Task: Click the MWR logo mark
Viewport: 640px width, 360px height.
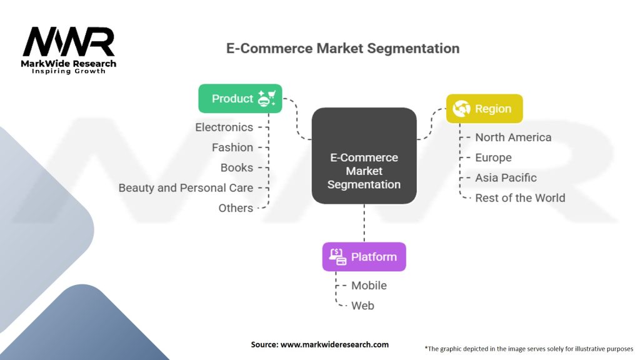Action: (x=69, y=42)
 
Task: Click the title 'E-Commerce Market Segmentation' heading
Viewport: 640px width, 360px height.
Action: (x=343, y=48)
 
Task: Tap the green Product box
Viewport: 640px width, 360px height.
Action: (x=240, y=98)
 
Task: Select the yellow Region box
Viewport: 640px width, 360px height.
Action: (x=484, y=109)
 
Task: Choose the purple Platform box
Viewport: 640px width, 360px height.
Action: (x=364, y=257)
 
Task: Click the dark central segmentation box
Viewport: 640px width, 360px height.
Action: (x=364, y=156)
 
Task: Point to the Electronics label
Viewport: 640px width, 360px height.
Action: (x=224, y=127)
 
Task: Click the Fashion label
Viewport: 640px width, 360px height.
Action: (x=232, y=147)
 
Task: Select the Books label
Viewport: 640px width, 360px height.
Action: (x=237, y=167)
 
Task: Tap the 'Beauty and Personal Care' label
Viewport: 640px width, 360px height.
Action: (x=186, y=187)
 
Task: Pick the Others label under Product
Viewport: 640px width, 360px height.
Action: (x=236, y=208)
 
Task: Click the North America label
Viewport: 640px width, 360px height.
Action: (x=513, y=137)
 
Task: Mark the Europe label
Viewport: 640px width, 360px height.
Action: (x=493, y=157)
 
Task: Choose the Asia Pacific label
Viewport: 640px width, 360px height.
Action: (x=506, y=178)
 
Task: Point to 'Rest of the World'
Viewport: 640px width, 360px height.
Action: (x=520, y=198)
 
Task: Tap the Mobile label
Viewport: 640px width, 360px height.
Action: (x=369, y=286)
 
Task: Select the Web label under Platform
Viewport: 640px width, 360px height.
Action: (x=362, y=306)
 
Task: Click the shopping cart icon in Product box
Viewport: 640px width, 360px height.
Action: (x=267, y=99)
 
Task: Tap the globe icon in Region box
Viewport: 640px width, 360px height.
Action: (x=462, y=109)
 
